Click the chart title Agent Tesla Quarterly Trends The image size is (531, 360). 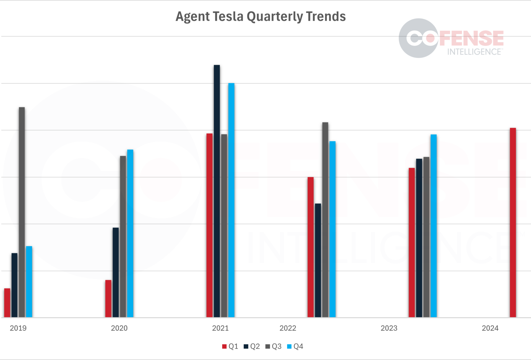[x=261, y=17]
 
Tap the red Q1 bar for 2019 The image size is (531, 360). [x=7, y=303]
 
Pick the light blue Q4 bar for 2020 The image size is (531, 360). [x=130, y=233]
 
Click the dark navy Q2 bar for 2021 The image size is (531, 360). [x=217, y=191]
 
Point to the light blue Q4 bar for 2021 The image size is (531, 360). [x=231, y=200]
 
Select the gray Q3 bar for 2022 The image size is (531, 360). [x=325, y=220]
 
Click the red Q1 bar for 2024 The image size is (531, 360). [x=513, y=223]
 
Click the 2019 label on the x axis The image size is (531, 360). [x=18, y=328]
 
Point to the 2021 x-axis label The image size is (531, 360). [x=220, y=328]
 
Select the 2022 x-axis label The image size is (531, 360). [x=288, y=328]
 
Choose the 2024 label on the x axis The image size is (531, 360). [x=490, y=328]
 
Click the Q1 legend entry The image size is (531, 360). [x=230, y=346]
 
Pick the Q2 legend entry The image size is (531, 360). [x=252, y=346]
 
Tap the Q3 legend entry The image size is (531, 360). [x=274, y=346]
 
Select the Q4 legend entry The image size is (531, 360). [x=295, y=346]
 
